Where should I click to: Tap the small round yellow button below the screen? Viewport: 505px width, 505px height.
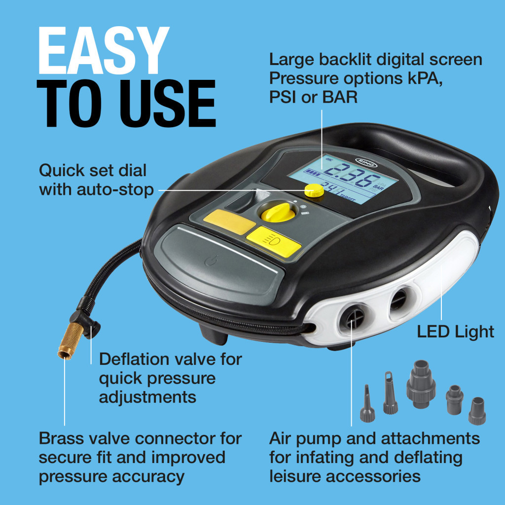click(314, 190)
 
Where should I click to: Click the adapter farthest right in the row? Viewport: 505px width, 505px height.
click(476, 410)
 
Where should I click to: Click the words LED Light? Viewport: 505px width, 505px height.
click(455, 331)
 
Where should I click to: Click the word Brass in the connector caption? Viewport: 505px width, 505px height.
click(62, 438)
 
